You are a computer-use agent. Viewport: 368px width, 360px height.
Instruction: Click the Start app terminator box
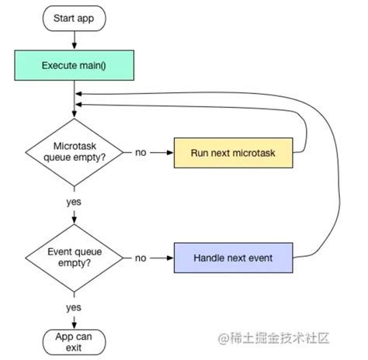pos(75,17)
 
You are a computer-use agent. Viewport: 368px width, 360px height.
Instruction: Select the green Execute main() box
pos(75,65)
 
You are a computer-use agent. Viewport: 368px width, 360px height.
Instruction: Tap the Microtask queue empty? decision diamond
pos(75,152)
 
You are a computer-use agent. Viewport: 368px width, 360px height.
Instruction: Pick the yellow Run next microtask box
pos(233,152)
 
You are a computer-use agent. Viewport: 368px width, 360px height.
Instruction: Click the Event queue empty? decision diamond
pos(75,257)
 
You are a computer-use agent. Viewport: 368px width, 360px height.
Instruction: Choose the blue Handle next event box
pos(233,257)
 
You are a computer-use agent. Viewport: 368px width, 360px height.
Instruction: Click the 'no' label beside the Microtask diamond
pos(141,153)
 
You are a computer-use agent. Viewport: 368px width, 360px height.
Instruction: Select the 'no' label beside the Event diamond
pos(141,257)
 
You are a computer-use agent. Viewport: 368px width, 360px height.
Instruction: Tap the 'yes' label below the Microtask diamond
pos(75,202)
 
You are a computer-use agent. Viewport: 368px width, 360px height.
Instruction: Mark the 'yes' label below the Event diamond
pos(75,306)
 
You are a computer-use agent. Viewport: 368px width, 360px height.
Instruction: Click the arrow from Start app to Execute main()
pos(75,39)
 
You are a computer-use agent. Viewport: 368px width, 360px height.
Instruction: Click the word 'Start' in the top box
pos(64,17)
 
